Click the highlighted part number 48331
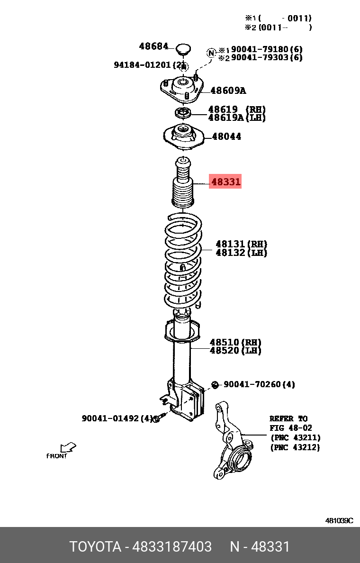[225, 182]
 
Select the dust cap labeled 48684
[183, 48]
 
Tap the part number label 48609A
[228, 91]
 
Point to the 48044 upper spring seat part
[183, 137]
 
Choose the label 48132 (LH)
[241, 253]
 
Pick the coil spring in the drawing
[183, 261]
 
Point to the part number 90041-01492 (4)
[117, 418]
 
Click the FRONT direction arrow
[68, 447]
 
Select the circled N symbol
[211, 52]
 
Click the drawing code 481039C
[339, 520]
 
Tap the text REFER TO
[288, 418]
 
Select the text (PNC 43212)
[295, 447]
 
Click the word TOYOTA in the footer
[96, 547]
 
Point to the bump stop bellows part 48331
[183, 185]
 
